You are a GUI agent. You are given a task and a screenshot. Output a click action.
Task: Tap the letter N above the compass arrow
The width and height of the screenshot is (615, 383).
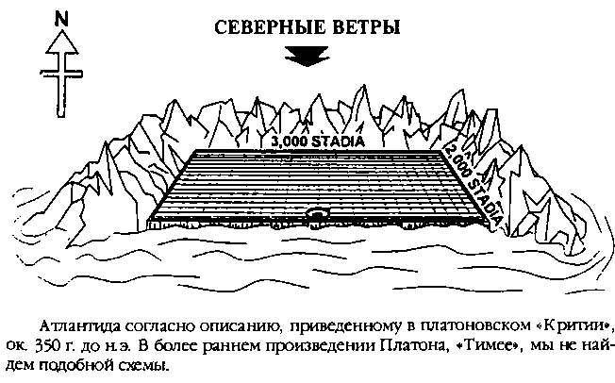click(x=61, y=19)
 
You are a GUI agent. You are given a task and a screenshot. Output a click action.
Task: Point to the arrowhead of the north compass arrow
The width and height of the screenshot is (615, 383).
click(x=61, y=42)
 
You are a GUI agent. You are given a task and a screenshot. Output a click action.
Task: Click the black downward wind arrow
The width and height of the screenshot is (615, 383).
click(x=307, y=56)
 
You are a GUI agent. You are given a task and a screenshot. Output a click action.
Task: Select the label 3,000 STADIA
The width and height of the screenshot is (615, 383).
click(x=318, y=142)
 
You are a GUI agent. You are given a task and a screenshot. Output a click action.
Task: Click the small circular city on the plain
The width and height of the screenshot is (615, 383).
click(x=318, y=213)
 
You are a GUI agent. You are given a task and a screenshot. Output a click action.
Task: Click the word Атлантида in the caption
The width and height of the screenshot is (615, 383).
click(x=81, y=326)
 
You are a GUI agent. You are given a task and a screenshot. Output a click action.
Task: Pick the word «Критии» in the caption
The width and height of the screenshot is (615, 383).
click(x=572, y=326)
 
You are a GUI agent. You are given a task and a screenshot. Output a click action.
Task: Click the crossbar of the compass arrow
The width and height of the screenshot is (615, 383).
click(x=61, y=73)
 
